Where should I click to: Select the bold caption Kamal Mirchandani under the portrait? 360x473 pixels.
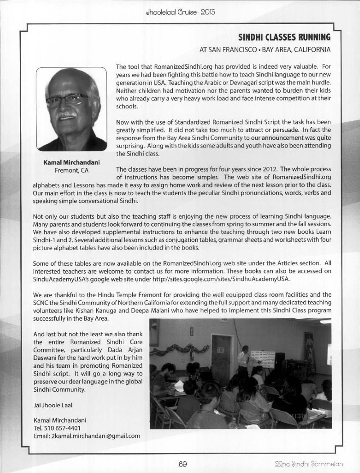(72, 162)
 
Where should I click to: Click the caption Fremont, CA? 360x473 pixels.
(72, 170)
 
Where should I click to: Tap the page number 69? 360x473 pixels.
(182, 464)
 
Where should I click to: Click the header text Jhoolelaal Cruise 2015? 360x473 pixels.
(180, 12)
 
